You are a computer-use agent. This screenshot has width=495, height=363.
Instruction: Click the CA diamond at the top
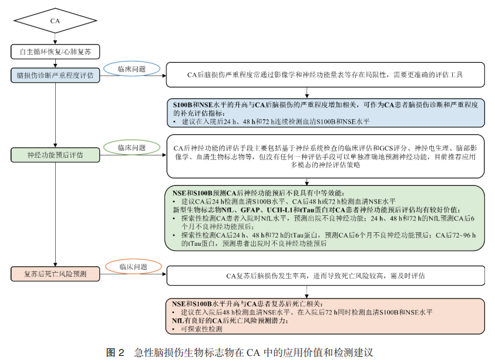coord(55,21)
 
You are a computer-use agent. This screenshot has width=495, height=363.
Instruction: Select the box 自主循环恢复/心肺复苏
coord(55,52)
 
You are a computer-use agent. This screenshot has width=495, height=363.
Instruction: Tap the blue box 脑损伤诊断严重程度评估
coord(55,76)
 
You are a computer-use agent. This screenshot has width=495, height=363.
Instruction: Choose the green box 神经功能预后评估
coord(55,155)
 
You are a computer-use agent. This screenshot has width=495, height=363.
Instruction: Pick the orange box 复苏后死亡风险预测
coord(55,274)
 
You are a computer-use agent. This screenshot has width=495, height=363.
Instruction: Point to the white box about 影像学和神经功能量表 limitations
coord(325,75)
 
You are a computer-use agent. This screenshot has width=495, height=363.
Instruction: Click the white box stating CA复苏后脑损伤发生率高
coord(325,275)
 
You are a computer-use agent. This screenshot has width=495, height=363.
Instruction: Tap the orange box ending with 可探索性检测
coord(325,316)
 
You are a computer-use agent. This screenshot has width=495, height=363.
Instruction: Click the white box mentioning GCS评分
coord(325,156)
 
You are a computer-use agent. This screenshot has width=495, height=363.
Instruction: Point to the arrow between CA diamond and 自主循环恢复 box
coord(55,39)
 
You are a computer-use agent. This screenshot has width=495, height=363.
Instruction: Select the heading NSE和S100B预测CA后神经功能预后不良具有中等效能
coord(259,193)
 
